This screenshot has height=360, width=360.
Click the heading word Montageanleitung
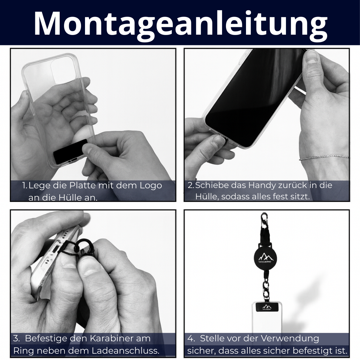pos(181,23)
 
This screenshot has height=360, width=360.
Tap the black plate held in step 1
pos(70,152)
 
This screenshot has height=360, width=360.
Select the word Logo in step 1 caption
pos(151,186)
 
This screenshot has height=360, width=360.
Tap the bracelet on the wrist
pos(324,157)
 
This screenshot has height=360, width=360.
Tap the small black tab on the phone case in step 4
pos(266,307)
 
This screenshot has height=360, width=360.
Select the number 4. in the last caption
pos(191,338)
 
